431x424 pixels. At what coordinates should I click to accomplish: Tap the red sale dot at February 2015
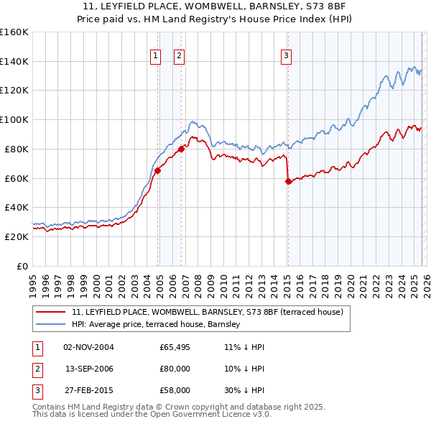coord(288,181)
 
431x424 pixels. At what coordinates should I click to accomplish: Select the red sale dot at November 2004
coord(157,170)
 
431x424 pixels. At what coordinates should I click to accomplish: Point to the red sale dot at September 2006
coord(181,149)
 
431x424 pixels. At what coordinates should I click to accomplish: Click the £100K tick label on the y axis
coord(14,119)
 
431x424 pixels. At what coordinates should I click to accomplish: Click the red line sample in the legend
coord(52,312)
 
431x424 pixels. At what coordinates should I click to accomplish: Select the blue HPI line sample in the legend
coord(52,325)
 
